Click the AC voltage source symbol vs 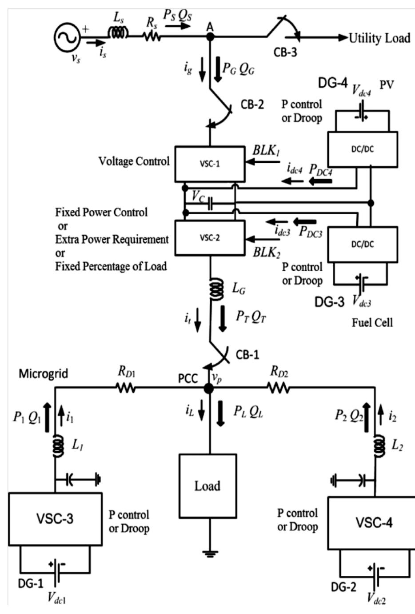67,38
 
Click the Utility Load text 379,38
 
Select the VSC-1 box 209,163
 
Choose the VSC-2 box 209,237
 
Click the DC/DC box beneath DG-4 362,149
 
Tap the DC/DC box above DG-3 362,243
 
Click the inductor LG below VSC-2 216,289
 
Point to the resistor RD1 126,388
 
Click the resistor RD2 279,388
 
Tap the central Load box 207,486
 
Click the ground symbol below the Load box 207,554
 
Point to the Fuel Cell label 372,322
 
